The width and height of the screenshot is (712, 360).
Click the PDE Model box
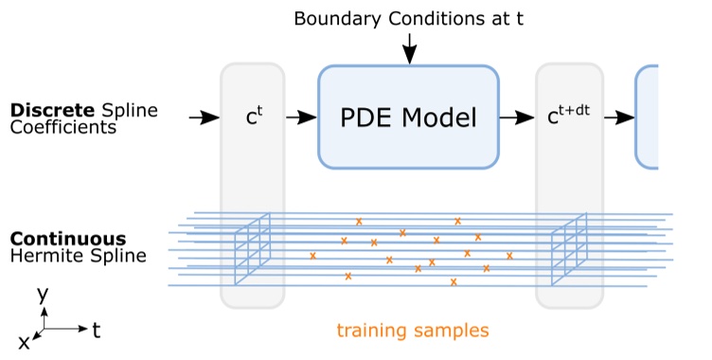coord(408,117)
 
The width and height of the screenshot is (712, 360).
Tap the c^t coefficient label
coord(253,118)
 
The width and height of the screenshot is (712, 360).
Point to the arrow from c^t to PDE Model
coord(301,117)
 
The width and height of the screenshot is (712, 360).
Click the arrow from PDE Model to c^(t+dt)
coord(517,117)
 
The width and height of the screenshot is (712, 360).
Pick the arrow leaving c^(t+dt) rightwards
coord(618,117)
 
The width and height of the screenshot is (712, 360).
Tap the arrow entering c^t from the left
coord(203,117)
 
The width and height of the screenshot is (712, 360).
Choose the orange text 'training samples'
coord(413,331)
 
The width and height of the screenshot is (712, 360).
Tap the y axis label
coord(43,295)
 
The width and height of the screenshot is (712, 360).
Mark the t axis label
coord(97,329)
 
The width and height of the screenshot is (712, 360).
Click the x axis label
coord(24,343)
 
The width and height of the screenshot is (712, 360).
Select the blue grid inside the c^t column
coord(253,246)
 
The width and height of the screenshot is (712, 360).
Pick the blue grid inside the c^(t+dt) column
coord(570,246)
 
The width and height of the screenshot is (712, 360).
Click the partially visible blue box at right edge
coord(647,117)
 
